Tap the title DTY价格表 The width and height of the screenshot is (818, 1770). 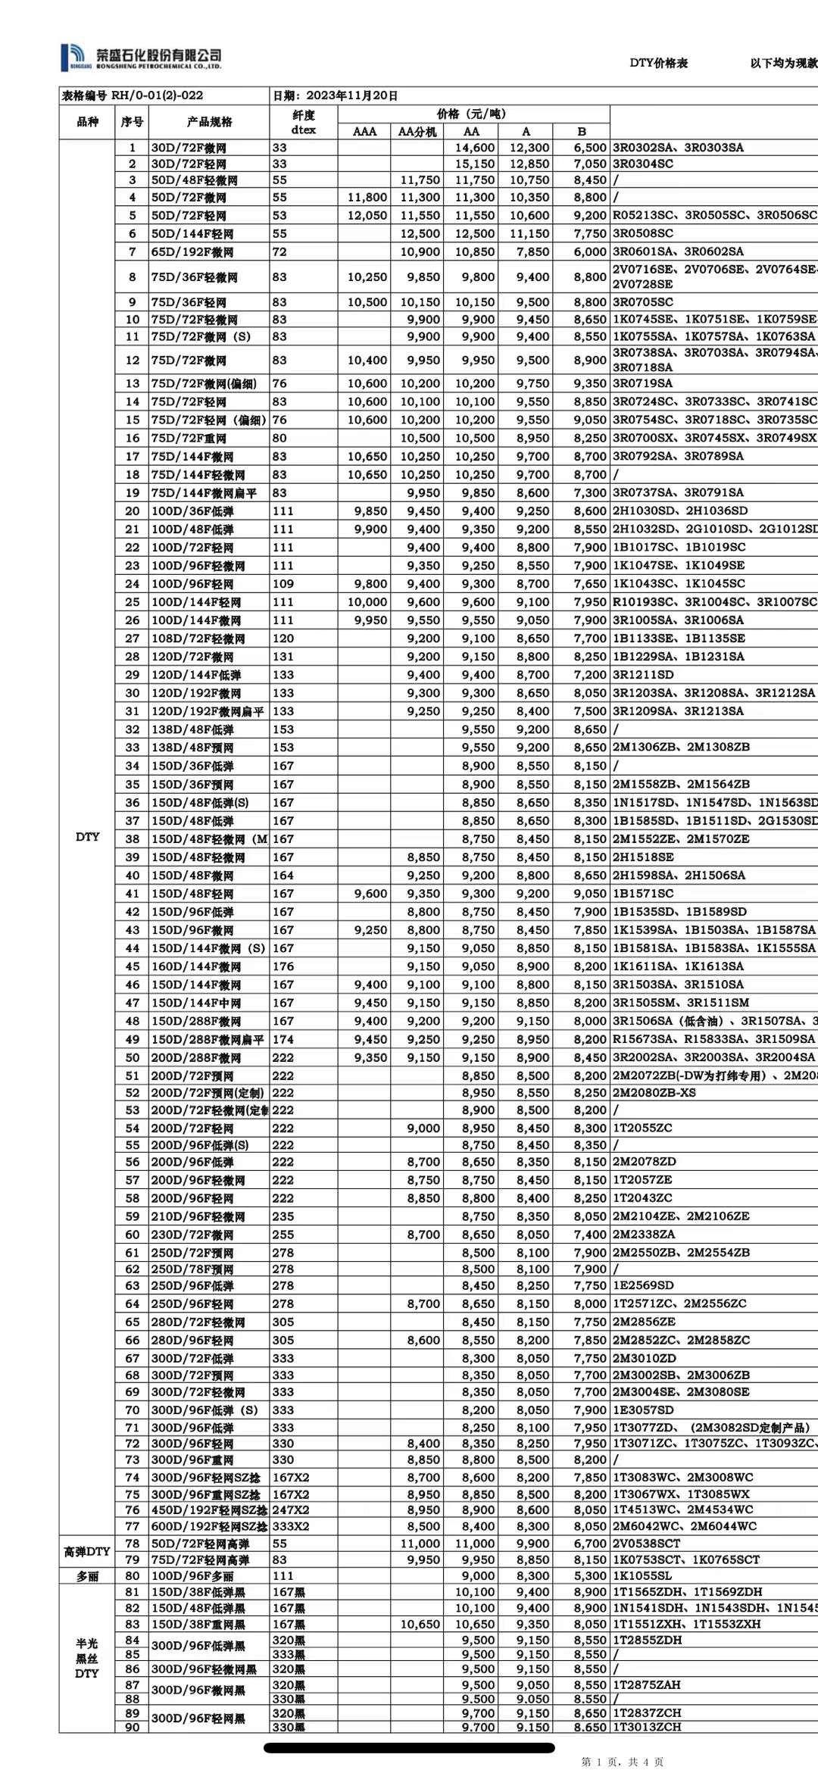(658, 63)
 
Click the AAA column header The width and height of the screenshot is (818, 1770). (364, 131)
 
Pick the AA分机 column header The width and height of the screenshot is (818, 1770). (417, 131)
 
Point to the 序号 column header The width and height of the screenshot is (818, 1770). (132, 122)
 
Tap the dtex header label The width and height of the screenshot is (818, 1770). (303, 130)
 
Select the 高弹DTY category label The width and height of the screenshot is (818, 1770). (87, 1551)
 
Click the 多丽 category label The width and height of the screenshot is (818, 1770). (87, 1575)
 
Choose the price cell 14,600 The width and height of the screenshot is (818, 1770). (475, 148)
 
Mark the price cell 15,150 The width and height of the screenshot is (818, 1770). (475, 164)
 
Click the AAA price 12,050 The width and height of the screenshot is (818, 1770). (367, 215)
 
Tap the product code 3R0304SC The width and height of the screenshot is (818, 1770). (643, 164)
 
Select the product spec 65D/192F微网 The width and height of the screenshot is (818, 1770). (192, 252)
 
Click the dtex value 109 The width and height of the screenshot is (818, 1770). (283, 584)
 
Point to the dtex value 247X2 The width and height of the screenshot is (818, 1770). (290, 1510)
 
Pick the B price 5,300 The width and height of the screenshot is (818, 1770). (590, 1575)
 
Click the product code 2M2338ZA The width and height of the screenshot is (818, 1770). (644, 1235)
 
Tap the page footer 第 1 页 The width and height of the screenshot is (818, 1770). (601, 1762)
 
